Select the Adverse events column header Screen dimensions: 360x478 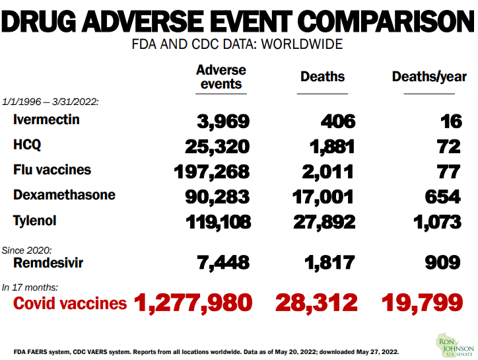(221, 77)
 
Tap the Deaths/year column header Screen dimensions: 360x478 (429, 77)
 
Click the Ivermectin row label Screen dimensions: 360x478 (46, 120)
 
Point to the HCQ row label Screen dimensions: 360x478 (28, 145)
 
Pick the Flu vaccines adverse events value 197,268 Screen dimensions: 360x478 (212, 172)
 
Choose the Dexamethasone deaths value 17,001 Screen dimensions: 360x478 (323, 197)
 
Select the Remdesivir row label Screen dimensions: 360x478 (48, 262)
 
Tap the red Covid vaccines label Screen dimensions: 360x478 (70, 303)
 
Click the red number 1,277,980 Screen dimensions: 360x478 (193, 303)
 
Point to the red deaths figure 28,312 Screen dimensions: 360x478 (316, 303)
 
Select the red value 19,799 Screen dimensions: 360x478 (422, 303)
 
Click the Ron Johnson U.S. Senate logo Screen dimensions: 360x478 (455, 344)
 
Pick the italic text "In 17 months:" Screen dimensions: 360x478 (30, 287)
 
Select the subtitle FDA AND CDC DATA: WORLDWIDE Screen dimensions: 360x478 (238, 45)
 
